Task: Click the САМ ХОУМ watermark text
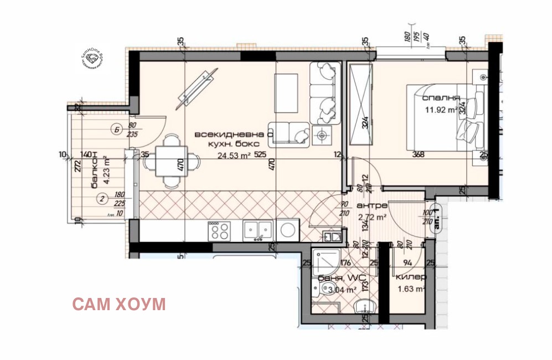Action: (119, 304)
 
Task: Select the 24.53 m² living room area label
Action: (229, 155)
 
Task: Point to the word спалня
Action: (441, 98)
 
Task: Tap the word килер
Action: (411, 277)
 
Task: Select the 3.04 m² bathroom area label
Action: (342, 289)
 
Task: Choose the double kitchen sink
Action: (258, 229)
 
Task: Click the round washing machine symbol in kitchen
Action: (288, 229)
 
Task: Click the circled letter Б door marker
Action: (116, 130)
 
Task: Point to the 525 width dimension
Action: (260, 155)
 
